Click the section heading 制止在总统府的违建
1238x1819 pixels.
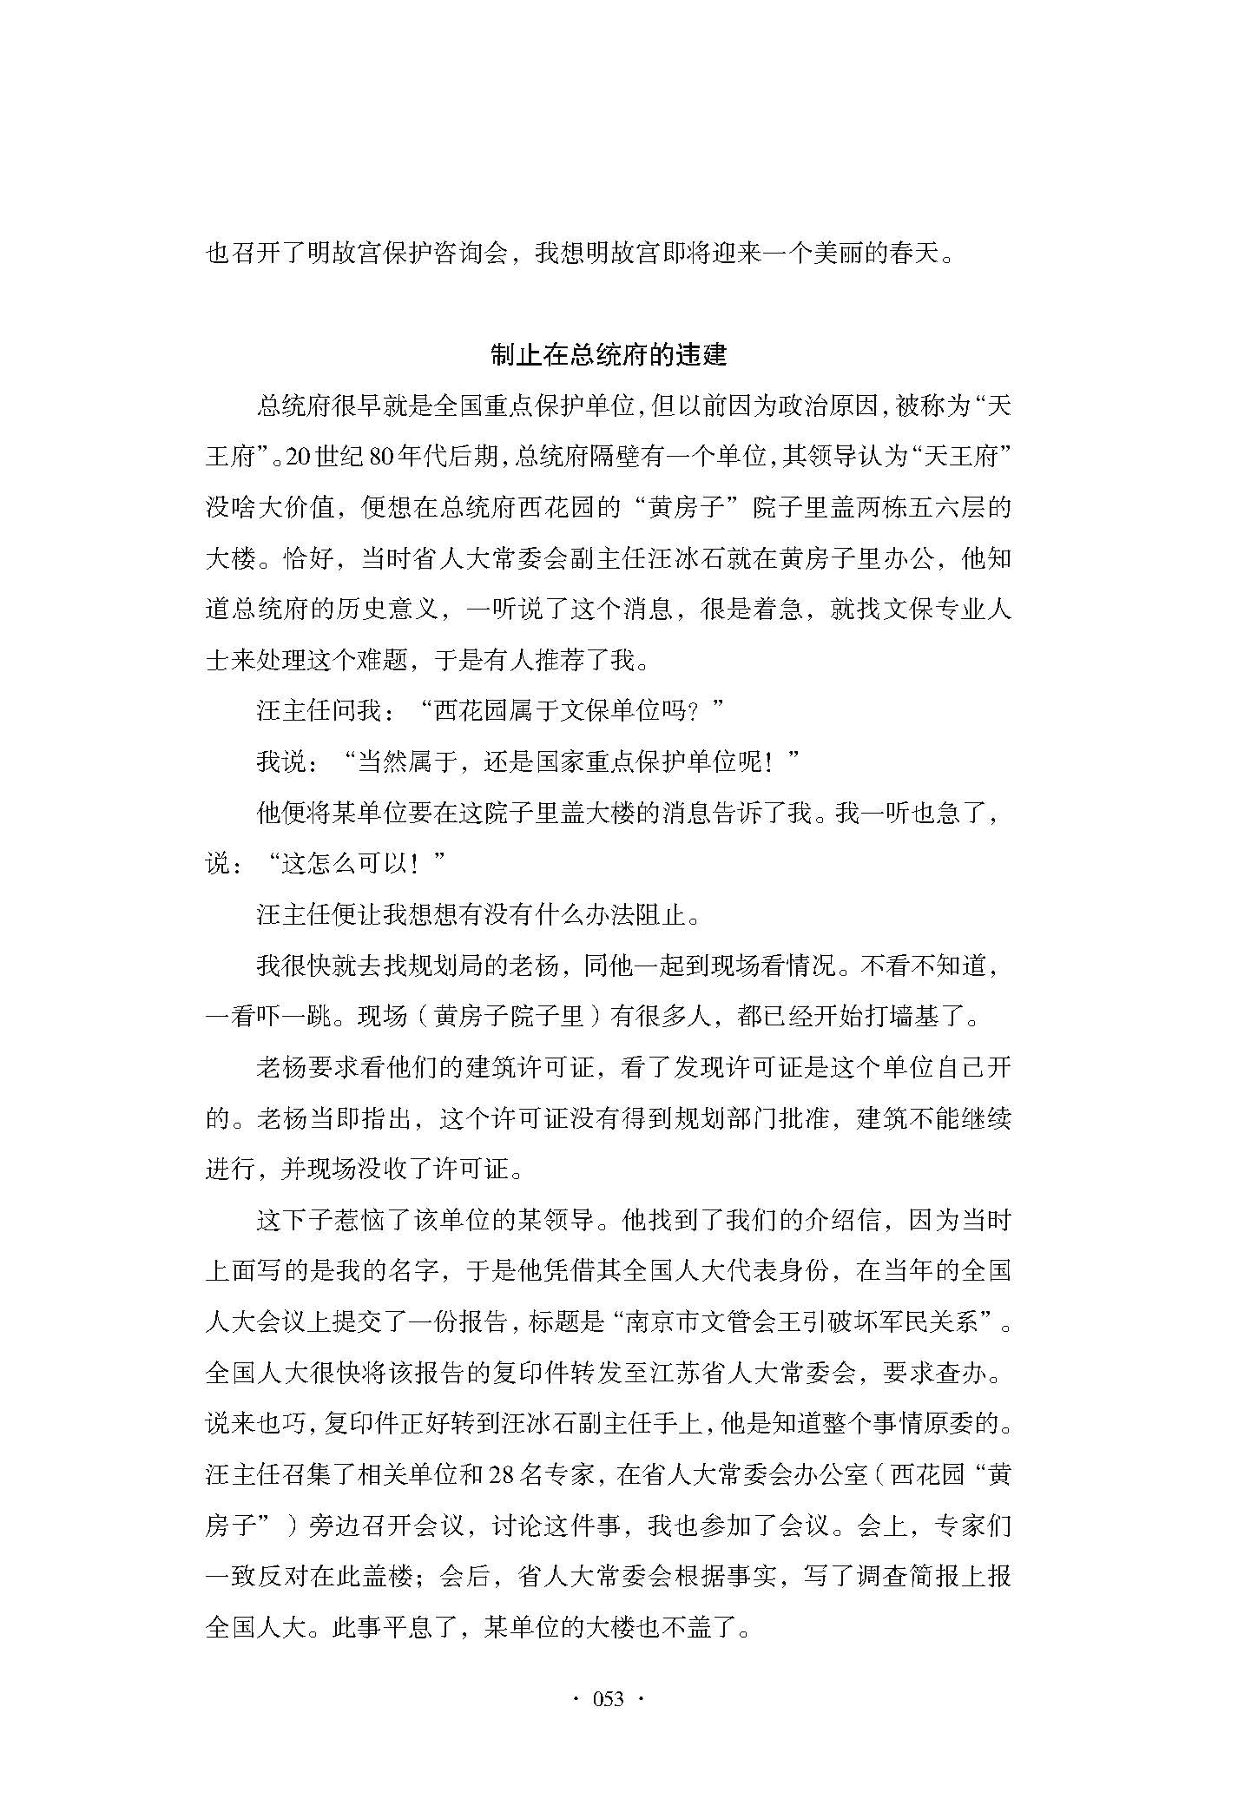click(608, 354)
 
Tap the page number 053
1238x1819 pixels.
click(608, 1699)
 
